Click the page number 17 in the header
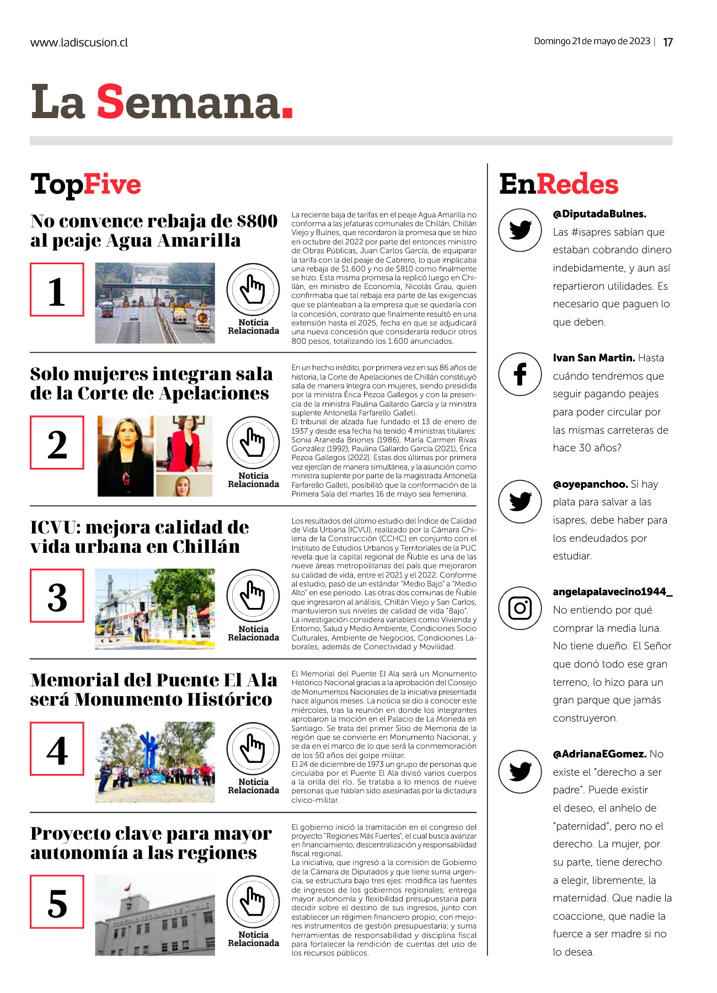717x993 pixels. pyautogui.click(x=667, y=42)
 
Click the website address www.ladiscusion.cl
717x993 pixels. pyautogui.click(x=79, y=42)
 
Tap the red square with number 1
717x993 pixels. pyautogui.click(x=57, y=290)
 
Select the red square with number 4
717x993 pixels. pyautogui.click(x=57, y=749)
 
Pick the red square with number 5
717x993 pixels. pyautogui.click(x=57, y=901)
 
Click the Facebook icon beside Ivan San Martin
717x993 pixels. pyautogui.click(x=520, y=374)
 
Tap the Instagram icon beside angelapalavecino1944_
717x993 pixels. pyautogui.click(x=520, y=608)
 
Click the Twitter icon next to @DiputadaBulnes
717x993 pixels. pyautogui.click(x=520, y=229)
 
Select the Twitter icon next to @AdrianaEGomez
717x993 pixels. pyautogui.click(x=520, y=771)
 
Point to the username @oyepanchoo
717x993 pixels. pyautogui.click(x=590, y=484)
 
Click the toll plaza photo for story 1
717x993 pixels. pyautogui.click(x=155, y=303)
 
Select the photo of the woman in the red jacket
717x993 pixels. pyautogui.click(x=184, y=444)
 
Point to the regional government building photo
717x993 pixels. pyautogui.click(x=155, y=915)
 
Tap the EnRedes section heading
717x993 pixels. pyautogui.click(x=558, y=184)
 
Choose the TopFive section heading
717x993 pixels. pyautogui.click(x=85, y=184)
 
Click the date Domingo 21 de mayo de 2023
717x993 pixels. pyautogui.click(x=592, y=41)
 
